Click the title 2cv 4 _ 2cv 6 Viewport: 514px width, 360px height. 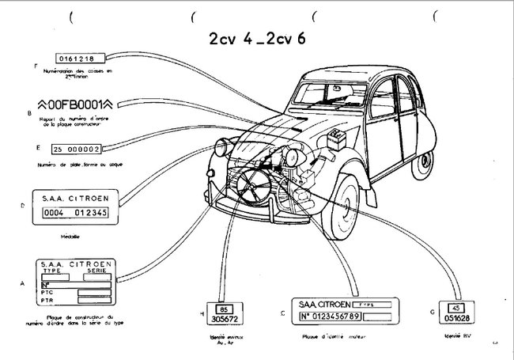(x=257, y=40)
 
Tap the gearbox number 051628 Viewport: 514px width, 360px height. (x=455, y=319)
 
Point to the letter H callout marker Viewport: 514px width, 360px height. (x=202, y=314)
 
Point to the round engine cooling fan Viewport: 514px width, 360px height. (x=254, y=186)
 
